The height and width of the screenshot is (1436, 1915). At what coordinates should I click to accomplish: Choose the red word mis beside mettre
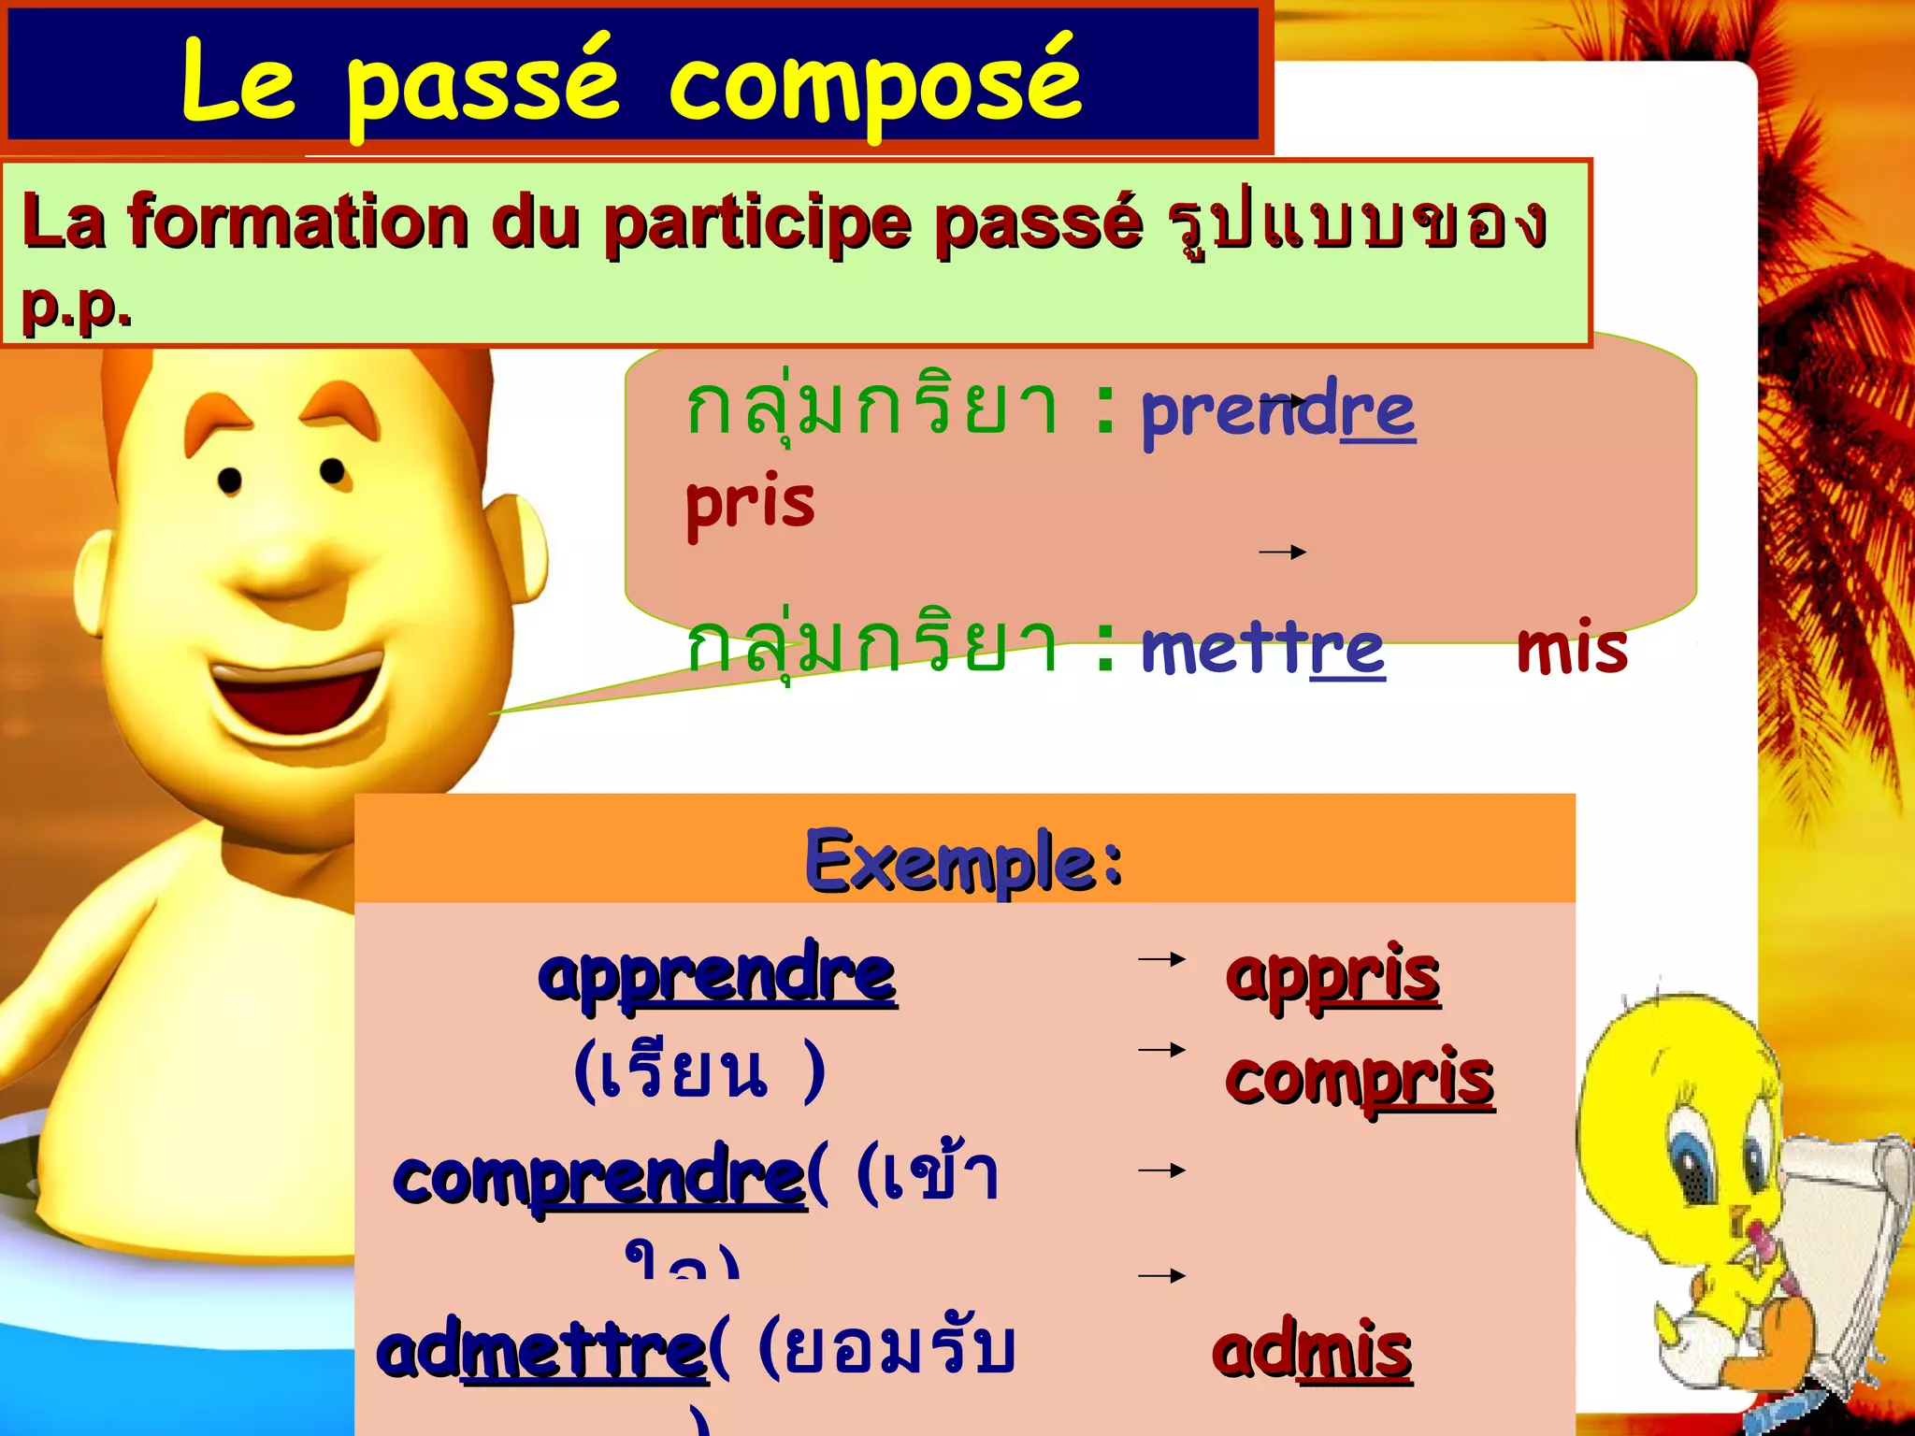click(x=1572, y=649)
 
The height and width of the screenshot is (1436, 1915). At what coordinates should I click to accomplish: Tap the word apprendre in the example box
click(x=717, y=975)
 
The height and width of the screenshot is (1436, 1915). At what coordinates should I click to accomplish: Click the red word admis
click(x=1312, y=1352)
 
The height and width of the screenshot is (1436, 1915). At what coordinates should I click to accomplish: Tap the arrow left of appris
click(x=1161, y=959)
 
